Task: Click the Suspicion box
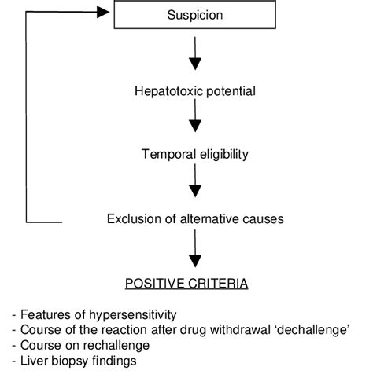point(194,15)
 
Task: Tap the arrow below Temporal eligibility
point(194,185)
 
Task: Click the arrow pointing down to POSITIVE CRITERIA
point(194,251)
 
